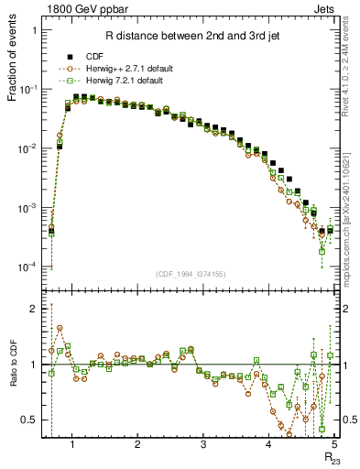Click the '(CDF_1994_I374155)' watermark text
tap(190, 273)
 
